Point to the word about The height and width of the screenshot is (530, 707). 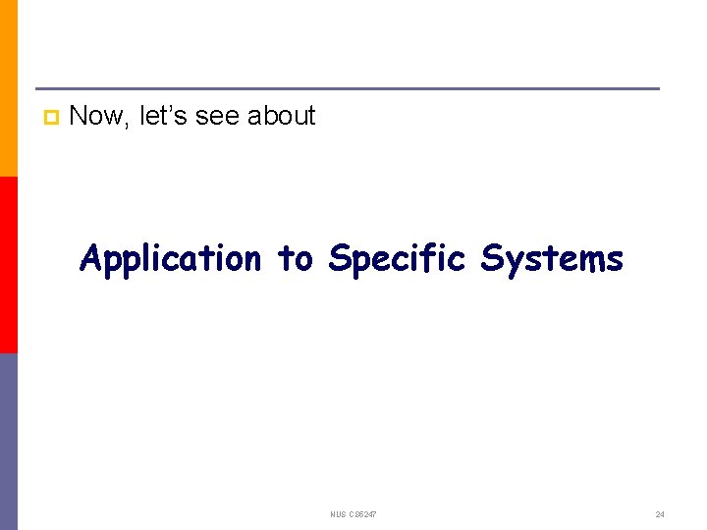[x=281, y=116]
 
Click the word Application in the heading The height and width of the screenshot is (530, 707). [x=171, y=259]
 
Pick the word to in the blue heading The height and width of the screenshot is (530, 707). [x=295, y=259]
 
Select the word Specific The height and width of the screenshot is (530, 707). [x=397, y=259]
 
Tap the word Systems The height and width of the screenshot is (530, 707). [x=552, y=259]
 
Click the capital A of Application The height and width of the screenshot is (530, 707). [x=90, y=259]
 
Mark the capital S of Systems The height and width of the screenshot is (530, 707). [x=491, y=259]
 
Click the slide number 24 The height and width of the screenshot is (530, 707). [x=660, y=514]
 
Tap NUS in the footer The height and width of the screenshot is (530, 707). [x=339, y=514]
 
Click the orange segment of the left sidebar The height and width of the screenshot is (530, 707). [x=8, y=88]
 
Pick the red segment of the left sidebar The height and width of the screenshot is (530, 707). [x=8, y=265]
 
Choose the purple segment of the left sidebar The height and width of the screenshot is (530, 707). [x=8, y=442]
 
